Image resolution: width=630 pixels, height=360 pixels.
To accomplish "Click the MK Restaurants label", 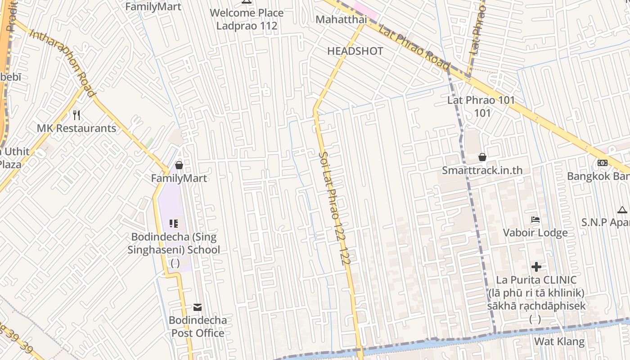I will pyautogui.click(x=76, y=128).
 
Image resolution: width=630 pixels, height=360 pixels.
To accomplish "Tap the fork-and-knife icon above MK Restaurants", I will pyautogui.click(x=76, y=115).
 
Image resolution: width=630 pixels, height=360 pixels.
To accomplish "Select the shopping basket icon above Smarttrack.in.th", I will pyautogui.click(x=482, y=157).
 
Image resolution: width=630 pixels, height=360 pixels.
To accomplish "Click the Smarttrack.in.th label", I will pyautogui.click(x=482, y=170).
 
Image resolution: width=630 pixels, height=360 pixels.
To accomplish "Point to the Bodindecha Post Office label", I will pyautogui.click(x=198, y=327).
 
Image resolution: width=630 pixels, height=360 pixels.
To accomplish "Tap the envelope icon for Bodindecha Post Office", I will pyautogui.click(x=198, y=307).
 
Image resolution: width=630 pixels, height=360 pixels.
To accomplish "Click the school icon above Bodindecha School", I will pyautogui.click(x=174, y=223).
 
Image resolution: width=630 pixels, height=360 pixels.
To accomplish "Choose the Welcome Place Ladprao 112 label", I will pyautogui.click(x=247, y=19).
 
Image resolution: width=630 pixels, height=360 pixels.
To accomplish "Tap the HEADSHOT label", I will pyautogui.click(x=355, y=51).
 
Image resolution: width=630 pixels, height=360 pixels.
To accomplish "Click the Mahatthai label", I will pyautogui.click(x=341, y=19).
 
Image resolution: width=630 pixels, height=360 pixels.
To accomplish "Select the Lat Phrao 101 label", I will pyautogui.click(x=481, y=100).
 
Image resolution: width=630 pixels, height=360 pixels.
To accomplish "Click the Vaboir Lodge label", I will pyautogui.click(x=535, y=233).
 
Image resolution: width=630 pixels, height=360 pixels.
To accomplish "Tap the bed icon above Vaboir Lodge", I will pyautogui.click(x=535, y=220).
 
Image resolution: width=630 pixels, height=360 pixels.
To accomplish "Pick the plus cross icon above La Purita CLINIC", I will pyautogui.click(x=536, y=267).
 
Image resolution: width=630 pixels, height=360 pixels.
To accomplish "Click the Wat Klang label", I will pyautogui.click(x=559, y=342).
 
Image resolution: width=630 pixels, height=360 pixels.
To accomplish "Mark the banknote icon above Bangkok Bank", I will pyautogui.click(x=603, y=163).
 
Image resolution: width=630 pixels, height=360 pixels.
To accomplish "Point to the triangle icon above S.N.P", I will pyautogui.click(x=622, y=210).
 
